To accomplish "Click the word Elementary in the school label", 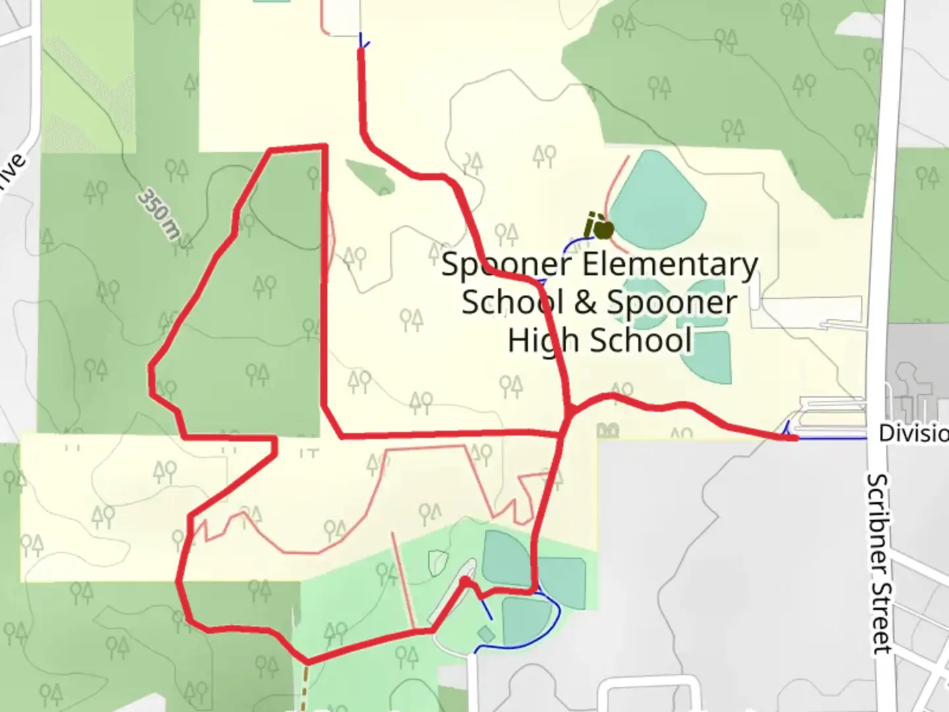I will click(x=670, y=266).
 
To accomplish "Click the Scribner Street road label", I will click(x=880, y=564).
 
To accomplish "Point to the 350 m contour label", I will click(x=159, y=215).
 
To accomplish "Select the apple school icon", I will click(x=599, y=227).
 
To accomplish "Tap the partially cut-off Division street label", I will click(x=913, y=434).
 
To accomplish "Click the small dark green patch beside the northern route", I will click(x=369, y=177).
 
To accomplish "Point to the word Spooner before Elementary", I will click(x=505, y=265).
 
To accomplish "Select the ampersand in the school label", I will click(x=586, y=303).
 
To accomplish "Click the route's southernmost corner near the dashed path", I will click(x=307, y=661).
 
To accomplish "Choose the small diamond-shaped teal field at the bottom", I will click(x=486, y=634).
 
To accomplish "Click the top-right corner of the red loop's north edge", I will click(x=324, y=146).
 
